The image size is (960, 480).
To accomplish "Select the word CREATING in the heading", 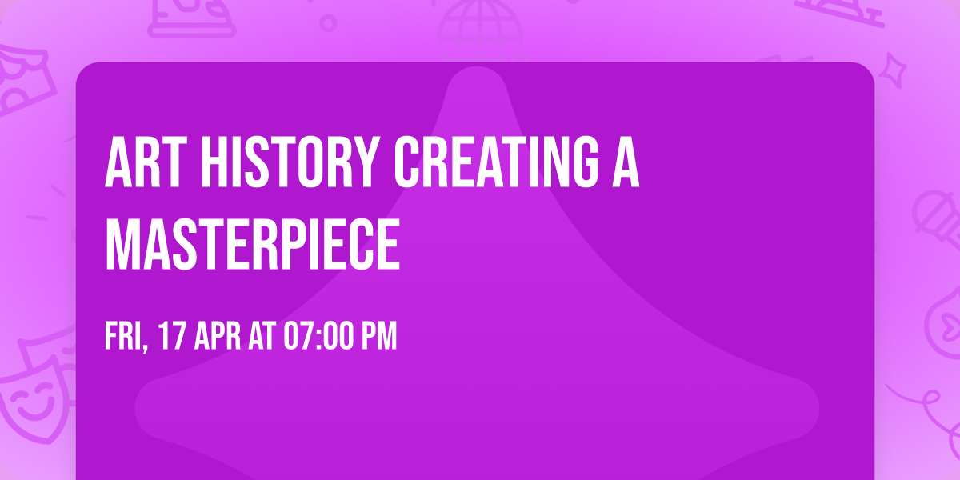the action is pyautogui.click(x=496, y=162).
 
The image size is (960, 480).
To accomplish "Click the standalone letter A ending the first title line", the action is pyautogui.click(x=626, y=162).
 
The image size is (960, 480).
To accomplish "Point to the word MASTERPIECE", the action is pyautogui.click(x=253, y=244).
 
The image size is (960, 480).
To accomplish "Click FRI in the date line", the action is pyautogui.click(x=123, y=337).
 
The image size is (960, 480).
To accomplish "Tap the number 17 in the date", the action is pyautogui.click(x=172, y=337).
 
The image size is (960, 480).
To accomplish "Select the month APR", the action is pyautogui.click(x=218, y=337).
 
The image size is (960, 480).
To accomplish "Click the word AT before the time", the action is pyautogui.click(x=262, y=337).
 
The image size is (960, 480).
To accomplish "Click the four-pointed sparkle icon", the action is pyautogui.click(x=893, y=70).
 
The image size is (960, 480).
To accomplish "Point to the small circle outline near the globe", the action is pyautogui.click(x=328, y=23).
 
